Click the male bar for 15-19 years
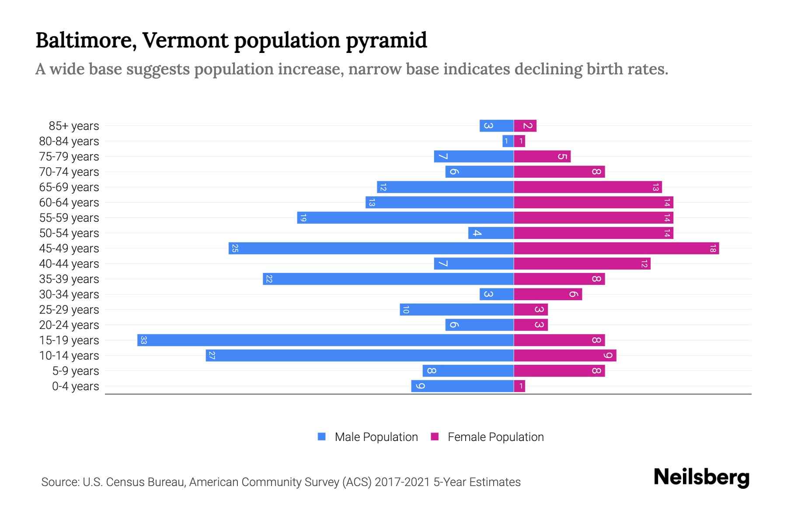[x=325, y=340]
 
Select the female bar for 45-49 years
[x=616, y=248]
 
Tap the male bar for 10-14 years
[x=359, y=355]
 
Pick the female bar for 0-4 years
[x=519, y=386]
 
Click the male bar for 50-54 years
[x=491, y=233]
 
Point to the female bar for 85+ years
[x=525, y=126]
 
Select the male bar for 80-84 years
[x=508, y=141]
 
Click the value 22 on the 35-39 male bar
[x=269, y=279]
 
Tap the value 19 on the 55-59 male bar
[x=303, y=218]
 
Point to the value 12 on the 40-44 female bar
[x=644, y=264]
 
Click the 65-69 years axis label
[x=69, y=187]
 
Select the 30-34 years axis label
[x=69, y=294]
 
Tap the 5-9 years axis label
[x=76, y=371]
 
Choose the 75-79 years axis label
[x=69, y=157]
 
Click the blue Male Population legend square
[x=322, y=437]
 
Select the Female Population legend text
[x=495, y=437]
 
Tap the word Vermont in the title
[x=185, y=40]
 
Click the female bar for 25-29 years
[x=531, y=310]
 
